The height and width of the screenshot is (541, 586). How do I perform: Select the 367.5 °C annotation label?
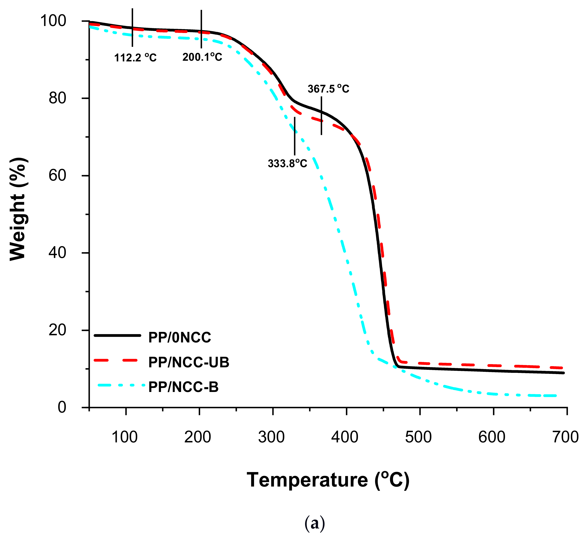click(328, 89)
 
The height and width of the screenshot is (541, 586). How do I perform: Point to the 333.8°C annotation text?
click(287, 163)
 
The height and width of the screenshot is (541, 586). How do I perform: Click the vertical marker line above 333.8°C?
click(295, 136)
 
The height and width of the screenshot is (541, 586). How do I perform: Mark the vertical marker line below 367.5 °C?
click(321, 116)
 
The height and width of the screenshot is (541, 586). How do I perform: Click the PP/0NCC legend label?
click(180, 338)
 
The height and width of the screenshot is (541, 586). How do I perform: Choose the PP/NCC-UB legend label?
click(189, 362)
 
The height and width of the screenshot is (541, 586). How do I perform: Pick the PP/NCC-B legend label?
click(183, 387)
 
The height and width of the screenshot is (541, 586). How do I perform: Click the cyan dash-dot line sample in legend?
click(120, 385)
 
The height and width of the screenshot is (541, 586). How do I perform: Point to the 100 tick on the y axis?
click(53, 21)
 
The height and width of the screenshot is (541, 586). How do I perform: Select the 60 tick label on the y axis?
click(57, 176)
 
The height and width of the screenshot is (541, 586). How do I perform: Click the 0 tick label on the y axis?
click(62, 407)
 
